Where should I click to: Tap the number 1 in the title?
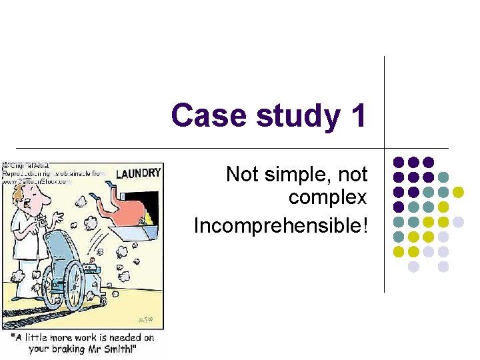[x=357, y=115]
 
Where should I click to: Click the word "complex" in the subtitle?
[x=327, y=197]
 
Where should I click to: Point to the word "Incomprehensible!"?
[x=280, y=225]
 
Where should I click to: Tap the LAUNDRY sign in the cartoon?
[x=138, y=173]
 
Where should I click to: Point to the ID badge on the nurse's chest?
[x=41, y=221]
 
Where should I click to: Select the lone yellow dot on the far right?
[x=458, y=192]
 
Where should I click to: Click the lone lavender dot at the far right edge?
[x=458, y=221]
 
